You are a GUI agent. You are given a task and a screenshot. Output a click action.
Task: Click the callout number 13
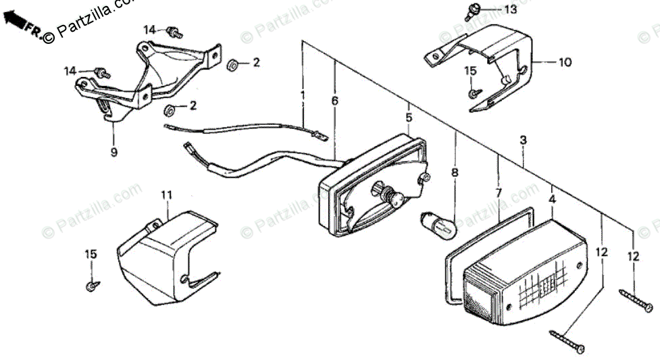coord(509,9)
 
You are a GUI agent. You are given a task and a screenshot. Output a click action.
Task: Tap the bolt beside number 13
coord(472,9)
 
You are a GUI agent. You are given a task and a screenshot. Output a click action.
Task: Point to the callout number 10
coord(565,63)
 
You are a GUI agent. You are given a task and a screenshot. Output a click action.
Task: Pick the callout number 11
coord(166,195)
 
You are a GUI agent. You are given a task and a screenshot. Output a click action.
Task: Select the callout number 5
coord(409,118)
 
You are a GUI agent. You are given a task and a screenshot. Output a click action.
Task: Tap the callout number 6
coord(334,101)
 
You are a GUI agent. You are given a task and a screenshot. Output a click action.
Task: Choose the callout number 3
coord(523,140)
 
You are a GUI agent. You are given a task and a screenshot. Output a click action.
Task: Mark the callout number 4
coord(552,200)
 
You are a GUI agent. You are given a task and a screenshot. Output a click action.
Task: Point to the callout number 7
coord(499,192)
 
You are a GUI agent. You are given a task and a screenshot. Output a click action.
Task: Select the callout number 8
coord(455,173)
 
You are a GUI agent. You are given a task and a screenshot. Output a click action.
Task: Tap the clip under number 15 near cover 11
coord(90,286)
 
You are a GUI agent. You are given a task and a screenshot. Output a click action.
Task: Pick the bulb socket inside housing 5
coord(392,197)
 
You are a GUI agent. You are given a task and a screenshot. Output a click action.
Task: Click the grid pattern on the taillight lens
coord(540,288)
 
